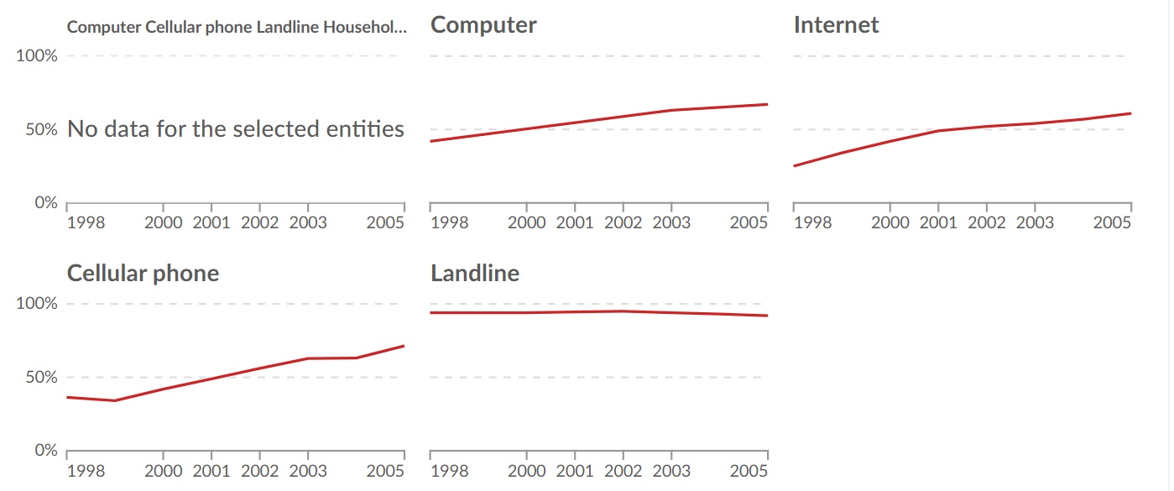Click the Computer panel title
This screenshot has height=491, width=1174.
(x=483, y=25)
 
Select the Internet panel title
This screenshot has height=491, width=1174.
(x=836, y=25)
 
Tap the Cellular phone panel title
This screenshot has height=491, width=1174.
(x=143, y=274)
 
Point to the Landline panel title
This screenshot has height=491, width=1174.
(x=475, y=274)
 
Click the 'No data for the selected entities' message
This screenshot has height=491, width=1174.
(x=236, y=129)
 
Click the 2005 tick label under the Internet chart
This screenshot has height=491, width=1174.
(x=1113, y=222)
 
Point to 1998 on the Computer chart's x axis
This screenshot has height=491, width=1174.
(x=449, y=222)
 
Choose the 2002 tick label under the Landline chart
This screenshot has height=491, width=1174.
(x=623, y=471)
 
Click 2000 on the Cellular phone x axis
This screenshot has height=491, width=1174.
(x=164, y=471)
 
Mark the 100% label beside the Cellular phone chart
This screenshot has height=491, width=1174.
(x=37, y=304)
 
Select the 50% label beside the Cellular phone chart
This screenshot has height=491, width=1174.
(x=40, y=378)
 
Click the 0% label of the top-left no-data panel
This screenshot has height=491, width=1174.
(x=45, y=203)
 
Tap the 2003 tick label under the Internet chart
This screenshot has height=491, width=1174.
(x=1035, y=222)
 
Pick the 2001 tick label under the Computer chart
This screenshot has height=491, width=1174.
(x=575, y=222)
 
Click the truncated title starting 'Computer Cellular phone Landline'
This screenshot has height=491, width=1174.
(x=236, y=27)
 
